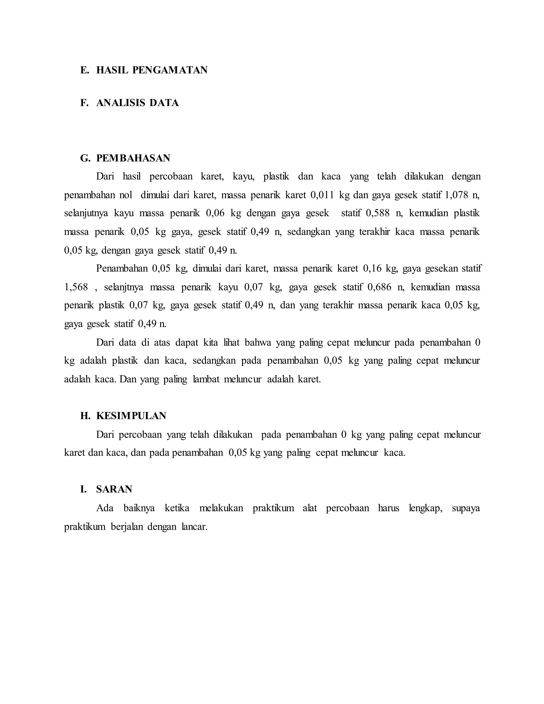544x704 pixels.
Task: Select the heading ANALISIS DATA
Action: pos(137,103)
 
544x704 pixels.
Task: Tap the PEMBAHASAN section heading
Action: pos(133,158)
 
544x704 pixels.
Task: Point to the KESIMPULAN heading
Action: pos(131,416)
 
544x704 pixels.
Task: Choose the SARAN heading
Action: pos(114,489)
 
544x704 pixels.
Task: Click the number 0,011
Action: pos(322,195)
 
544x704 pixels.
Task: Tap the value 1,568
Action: pos(76,287)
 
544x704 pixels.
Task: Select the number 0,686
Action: pos(379,287)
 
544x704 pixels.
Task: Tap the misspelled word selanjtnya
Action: pos(124,287)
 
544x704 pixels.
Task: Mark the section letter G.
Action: pos(85,158)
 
